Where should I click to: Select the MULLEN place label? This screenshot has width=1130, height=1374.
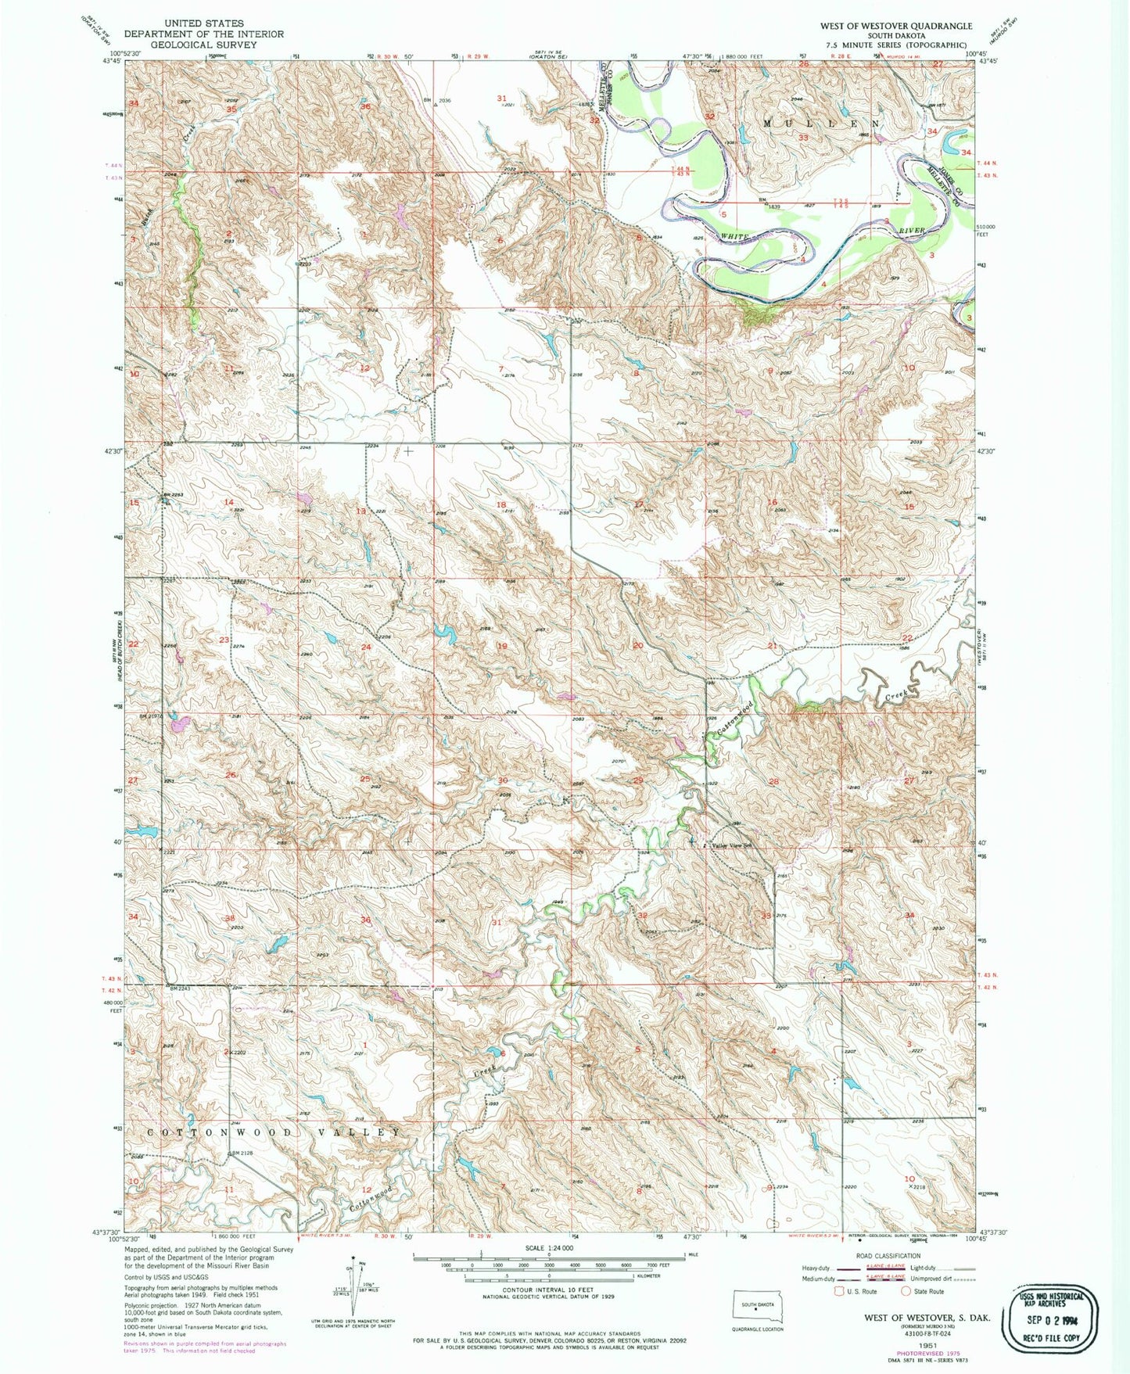point(820,124)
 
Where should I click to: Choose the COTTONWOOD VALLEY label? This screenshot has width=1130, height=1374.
point(276,1132)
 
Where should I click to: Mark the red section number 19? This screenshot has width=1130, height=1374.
point(502,646)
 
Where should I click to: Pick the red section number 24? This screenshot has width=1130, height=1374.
point(365,647)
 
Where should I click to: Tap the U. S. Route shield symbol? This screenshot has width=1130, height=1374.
point(841,1291)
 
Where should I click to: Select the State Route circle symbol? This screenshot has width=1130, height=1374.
point(906,1291)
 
